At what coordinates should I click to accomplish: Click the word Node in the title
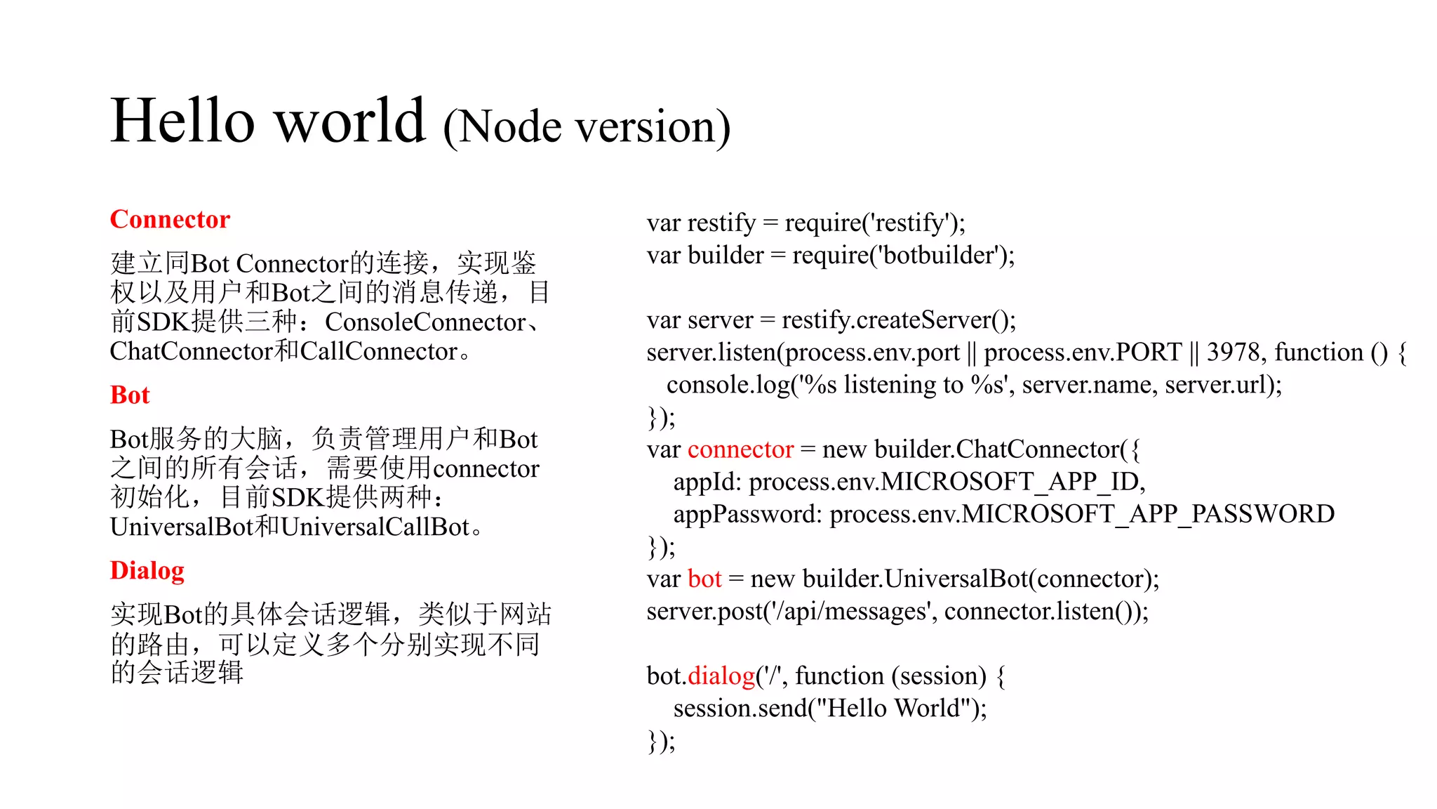(510, 128)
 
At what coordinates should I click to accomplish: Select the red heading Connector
(170, 219)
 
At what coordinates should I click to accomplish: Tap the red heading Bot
(130, 395)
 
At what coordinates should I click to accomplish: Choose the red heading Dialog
(147, 570)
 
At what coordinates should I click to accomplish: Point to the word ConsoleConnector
(425, 322)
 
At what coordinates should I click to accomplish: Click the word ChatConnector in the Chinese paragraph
(192, 351)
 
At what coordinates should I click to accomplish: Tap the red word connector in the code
(740, 449)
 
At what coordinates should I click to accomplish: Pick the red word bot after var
(704, 579)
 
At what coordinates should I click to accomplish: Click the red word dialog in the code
(721, 676)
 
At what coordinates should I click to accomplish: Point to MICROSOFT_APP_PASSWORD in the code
(1148, 514)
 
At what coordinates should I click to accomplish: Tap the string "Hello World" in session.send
(894, 708)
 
